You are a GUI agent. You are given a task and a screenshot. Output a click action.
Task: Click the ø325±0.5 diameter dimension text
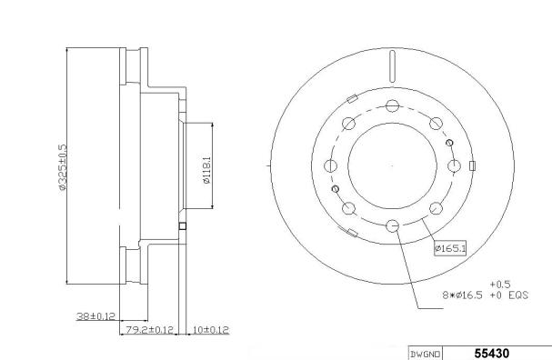tap(63, 166)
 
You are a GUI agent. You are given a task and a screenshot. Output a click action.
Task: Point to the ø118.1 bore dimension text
tap(206, 170)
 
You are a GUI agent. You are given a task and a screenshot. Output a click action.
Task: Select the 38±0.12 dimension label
tap(95, 316)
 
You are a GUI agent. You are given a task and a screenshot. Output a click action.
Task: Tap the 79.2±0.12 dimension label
tap(150, 330)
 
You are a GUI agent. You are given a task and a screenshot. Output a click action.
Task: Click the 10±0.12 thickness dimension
tap(211, 330)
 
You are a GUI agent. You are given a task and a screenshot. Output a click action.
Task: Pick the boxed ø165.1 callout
tap(450, 248)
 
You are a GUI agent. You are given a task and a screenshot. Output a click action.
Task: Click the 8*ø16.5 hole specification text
tap(462, 295)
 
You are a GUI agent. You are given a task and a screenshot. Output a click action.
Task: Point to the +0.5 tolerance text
tap(500, 284)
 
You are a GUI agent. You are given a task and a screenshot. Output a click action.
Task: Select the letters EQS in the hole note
tap(518, 295)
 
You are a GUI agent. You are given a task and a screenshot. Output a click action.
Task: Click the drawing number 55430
tap(491, 354)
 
